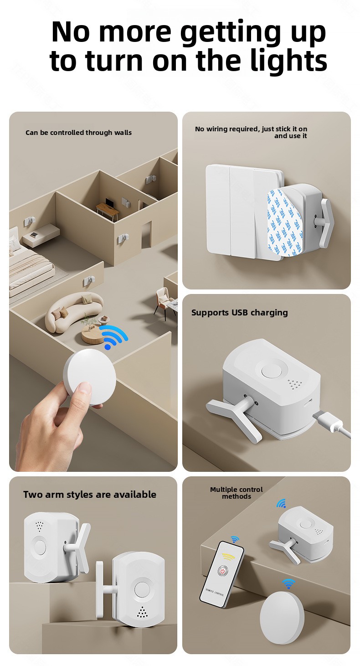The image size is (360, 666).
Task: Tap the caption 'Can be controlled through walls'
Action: click(78, 133)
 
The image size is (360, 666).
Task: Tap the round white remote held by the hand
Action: click(89, 377)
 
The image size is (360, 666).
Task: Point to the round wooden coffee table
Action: click(94, 335)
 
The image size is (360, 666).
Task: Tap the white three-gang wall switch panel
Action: click(244, 212)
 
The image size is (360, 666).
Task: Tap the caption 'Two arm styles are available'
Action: click(90, 494)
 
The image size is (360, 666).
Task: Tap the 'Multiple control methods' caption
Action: click(237, 493)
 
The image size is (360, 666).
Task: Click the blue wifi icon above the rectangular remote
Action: click(235, 539)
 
